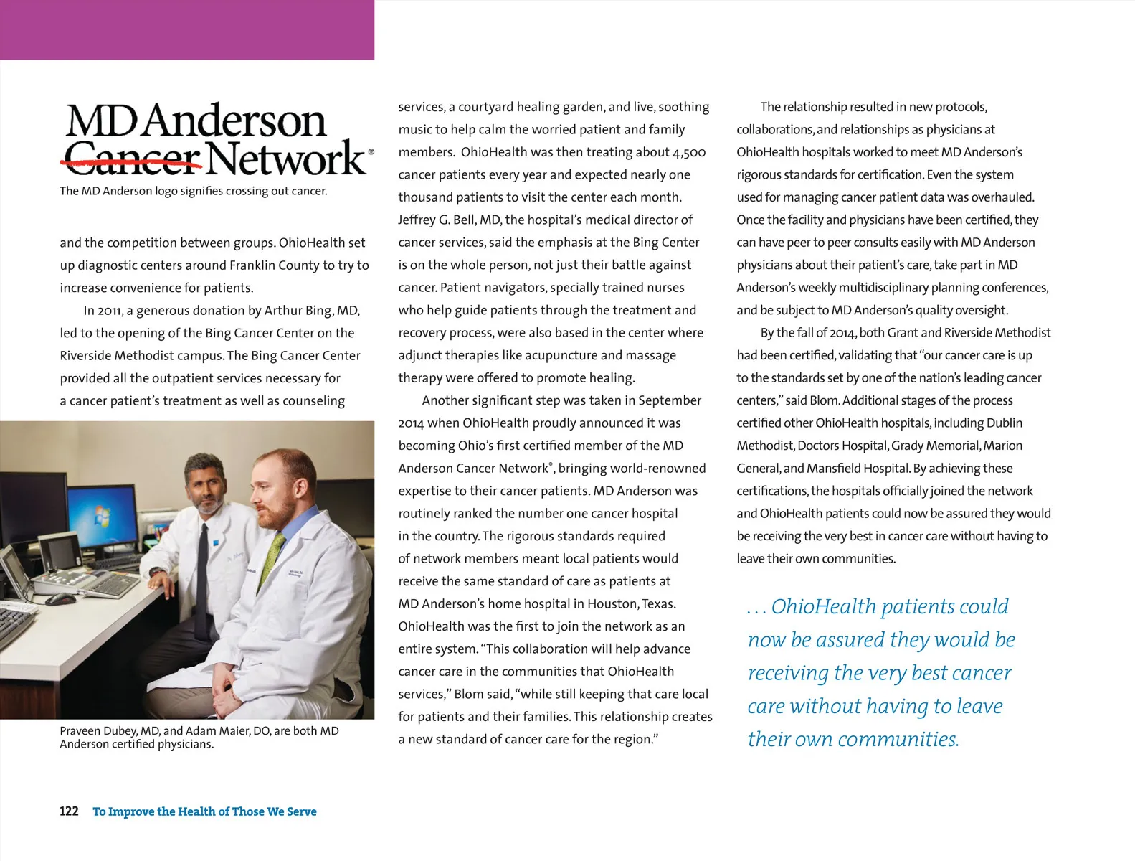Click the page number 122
point(69,811)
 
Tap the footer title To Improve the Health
point(204,811)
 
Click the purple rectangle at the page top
point(186,29)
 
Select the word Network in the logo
point(288,159)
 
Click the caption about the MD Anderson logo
point(194,191)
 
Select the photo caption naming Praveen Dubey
point(199,737)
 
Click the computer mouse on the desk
point(61,598)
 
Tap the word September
point(670,400)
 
